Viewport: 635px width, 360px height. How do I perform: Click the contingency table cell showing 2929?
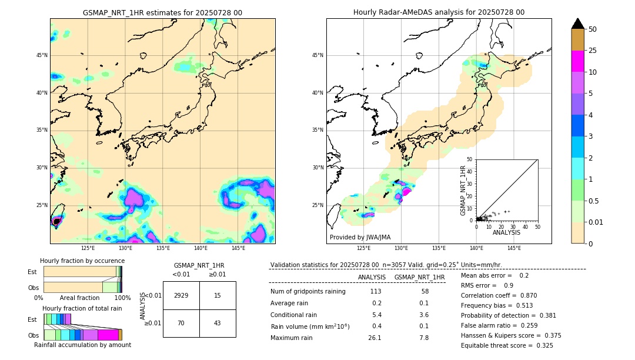click(181, 295)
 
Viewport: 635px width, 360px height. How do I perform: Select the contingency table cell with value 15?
click(218, 295)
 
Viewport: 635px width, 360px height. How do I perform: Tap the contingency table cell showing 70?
click(181, 323)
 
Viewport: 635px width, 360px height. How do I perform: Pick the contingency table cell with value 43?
click(218, 323)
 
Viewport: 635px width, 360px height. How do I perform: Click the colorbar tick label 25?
click(593, 51)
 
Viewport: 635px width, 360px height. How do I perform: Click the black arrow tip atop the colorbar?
click(578, 23)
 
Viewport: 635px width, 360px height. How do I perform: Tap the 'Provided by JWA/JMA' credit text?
click(360, 237)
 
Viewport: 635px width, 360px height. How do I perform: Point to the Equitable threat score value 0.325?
click(542, 345)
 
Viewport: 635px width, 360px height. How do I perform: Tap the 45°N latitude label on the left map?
click(42, 55)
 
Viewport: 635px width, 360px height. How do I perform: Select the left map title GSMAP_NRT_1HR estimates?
click(162, 12)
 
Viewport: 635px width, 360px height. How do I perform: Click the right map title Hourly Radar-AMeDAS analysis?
click(439, 12)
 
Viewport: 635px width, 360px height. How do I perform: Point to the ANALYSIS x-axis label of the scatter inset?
click(506, 232)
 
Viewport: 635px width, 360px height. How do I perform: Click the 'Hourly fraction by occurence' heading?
click(82, 261)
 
